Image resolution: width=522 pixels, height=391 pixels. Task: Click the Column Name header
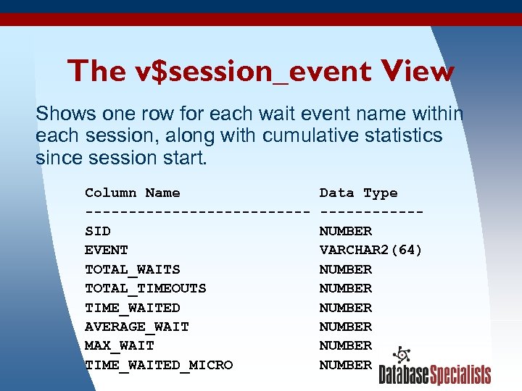click(133, 193)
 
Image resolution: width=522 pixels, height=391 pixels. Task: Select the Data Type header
click(358, 193)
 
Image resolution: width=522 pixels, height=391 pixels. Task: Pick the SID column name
click(98, 231)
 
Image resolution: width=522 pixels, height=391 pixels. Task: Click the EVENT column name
click(107, 250)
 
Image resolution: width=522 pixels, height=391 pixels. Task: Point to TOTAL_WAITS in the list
click(133, 269)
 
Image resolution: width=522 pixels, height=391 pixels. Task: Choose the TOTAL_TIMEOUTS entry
click(146, 288)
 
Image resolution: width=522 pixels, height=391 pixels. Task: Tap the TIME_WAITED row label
click(133, 308)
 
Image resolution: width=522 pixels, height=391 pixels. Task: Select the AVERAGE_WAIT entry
click(137, 327)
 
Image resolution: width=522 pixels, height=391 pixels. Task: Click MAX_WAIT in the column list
click(120, 345)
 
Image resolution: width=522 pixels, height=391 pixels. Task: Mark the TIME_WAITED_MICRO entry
click(159, 365)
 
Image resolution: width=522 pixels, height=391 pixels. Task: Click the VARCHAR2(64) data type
click(371, 250)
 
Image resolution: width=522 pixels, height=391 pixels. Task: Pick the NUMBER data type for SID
click(346, 231)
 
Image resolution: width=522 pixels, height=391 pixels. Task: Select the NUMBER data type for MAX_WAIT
click(346, 345)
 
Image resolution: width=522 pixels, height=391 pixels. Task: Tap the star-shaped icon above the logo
click(401, 356)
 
